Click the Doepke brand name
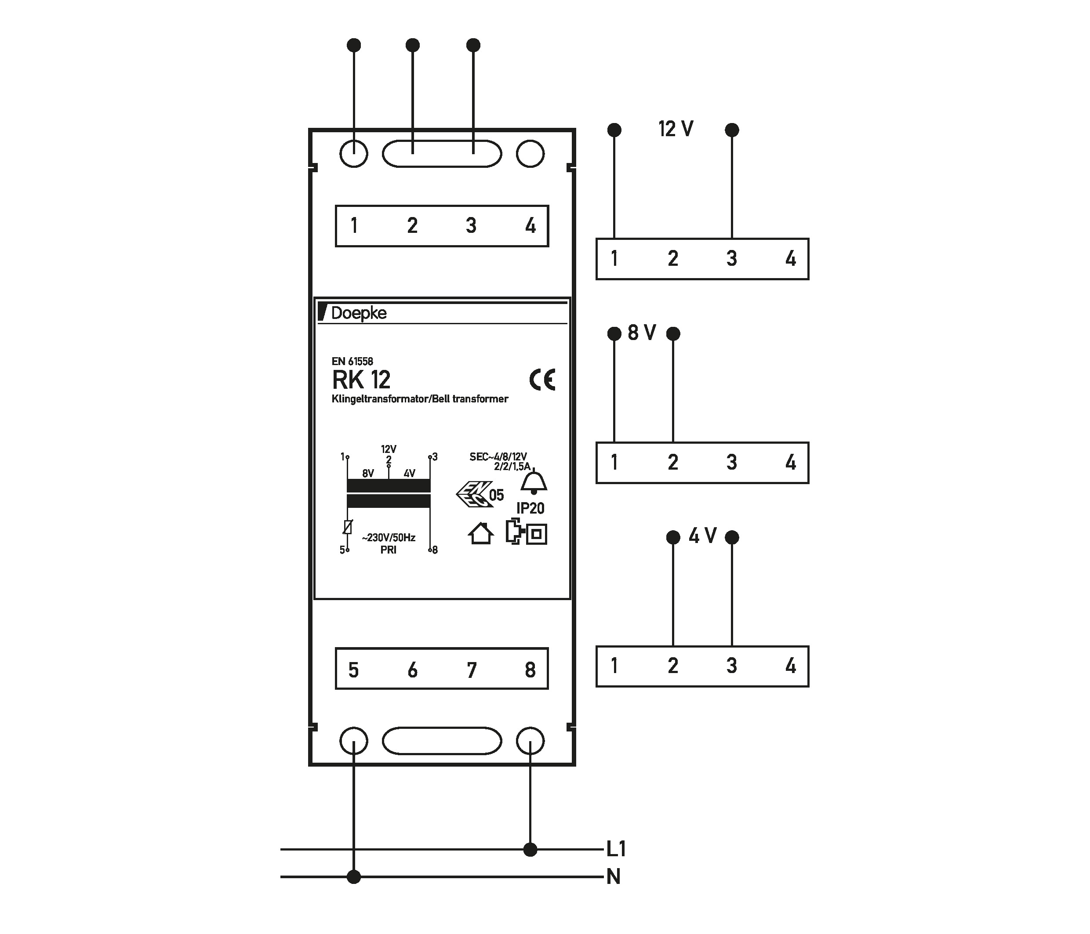coord(358,313)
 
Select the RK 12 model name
coord(361,380)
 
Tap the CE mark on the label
coord(542,379)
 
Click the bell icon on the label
coord(534,482)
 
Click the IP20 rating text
coord(530,508)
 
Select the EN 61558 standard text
coord(352,361)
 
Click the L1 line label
coord(615,849)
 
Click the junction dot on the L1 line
coord(530,849)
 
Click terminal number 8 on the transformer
coord(530,670)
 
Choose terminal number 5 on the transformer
coord(353,670)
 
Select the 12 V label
coord(676,129)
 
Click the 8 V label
coord(642,333)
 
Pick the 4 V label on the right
coord(702,536)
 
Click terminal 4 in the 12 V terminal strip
coord(790,259)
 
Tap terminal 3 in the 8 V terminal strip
coord(731,462)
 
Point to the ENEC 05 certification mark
coord(479,494)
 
